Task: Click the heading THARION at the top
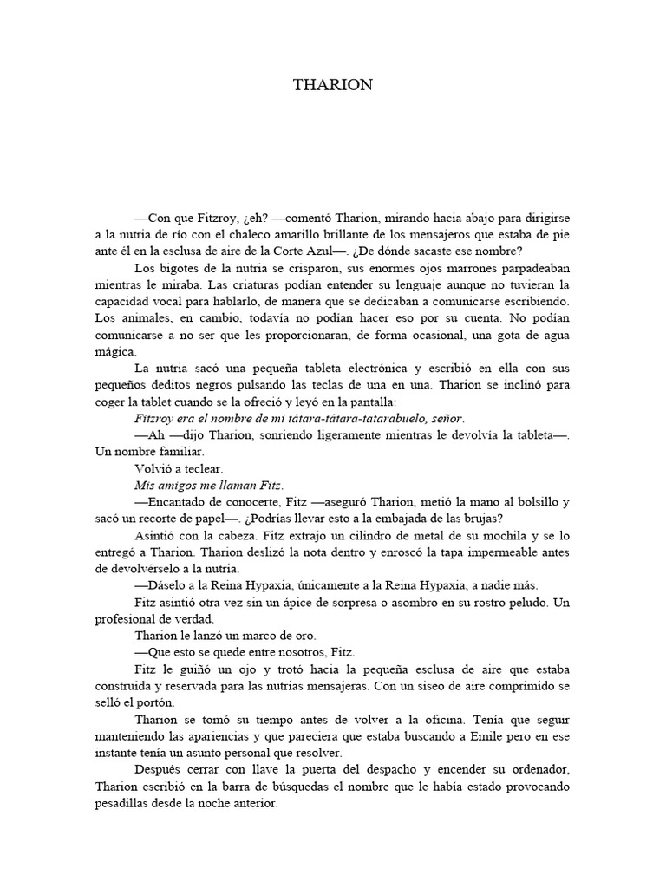(333, 85)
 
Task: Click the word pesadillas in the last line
(124, 804)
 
